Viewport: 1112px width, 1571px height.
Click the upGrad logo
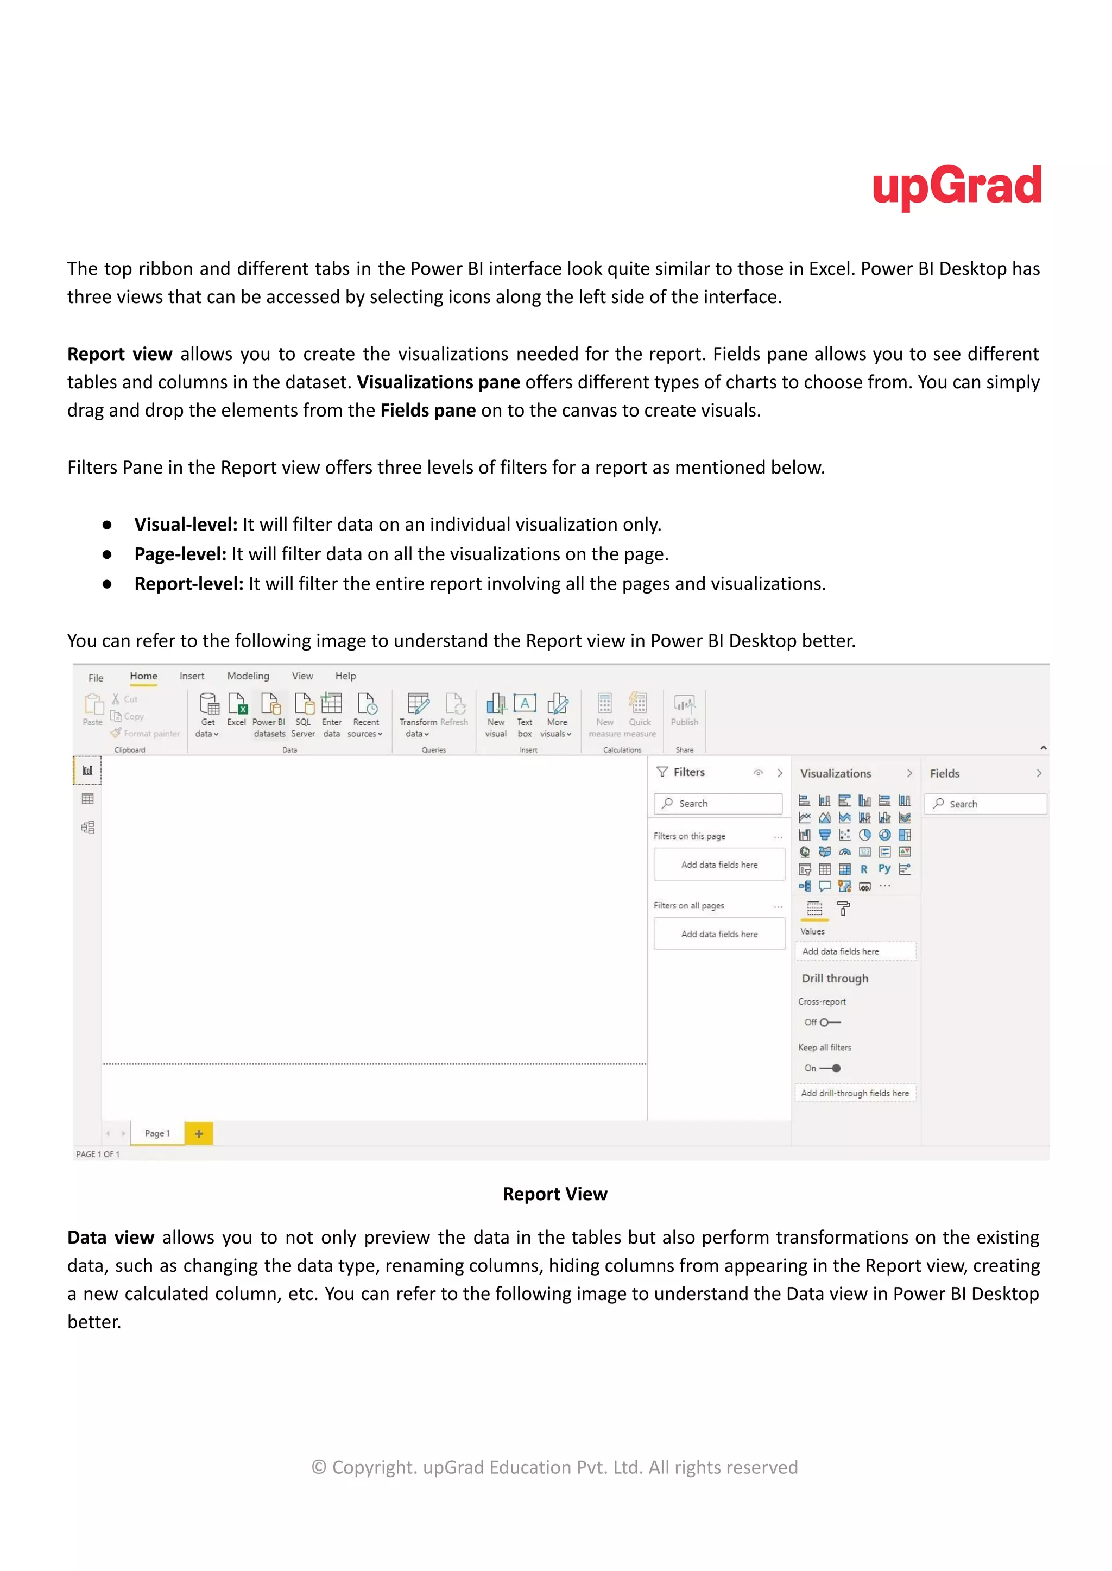[x=957, y=186]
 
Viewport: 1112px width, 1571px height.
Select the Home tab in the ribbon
[x=144, y=676]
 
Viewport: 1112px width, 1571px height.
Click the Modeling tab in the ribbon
[x=248, y=676]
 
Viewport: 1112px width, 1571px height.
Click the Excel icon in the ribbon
[x=237, y=704]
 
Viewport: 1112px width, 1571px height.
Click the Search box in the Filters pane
[x=719, y=803]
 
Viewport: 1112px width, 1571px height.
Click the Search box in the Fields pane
[x=986, y=804]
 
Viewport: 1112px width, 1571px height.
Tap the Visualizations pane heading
[x=836, y=773]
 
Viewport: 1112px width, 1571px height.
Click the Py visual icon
[x=884, y=868]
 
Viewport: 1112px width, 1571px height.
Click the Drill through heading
[x=835, y=978]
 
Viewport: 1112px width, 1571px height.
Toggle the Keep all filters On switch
[x=831, y=1068]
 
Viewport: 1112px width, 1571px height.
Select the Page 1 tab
[x=157, y=1133]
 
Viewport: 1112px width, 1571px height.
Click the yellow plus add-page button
[x=199, y=1133]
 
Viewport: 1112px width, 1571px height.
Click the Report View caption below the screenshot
[x=554, y=1194]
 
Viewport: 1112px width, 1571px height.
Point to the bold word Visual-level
[x=185, y=525]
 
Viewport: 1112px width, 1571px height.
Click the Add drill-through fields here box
[x=855, y=1093]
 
